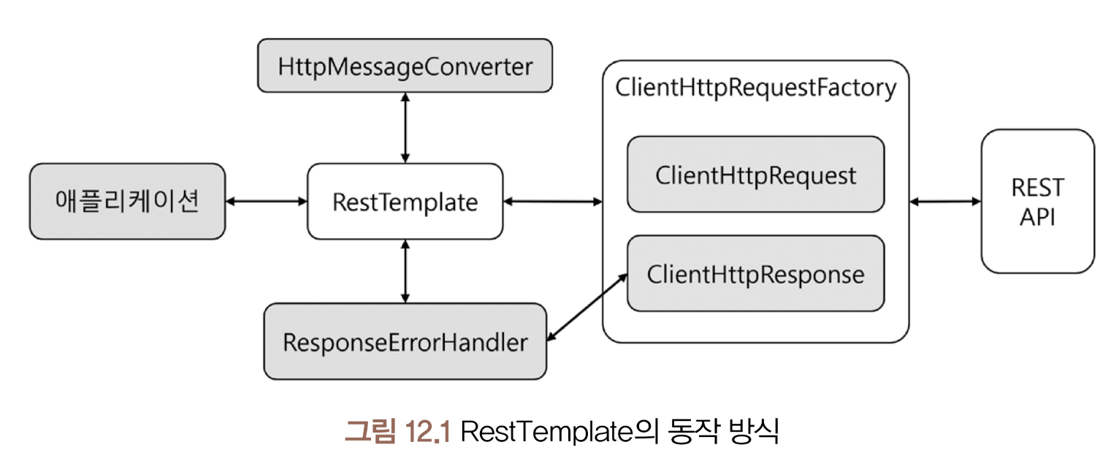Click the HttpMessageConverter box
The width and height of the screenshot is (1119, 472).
coord(405,66)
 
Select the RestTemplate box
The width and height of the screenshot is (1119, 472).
coord(405,202)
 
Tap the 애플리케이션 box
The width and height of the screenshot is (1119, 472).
coord(127,202)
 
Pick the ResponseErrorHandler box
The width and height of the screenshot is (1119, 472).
coord(405,342)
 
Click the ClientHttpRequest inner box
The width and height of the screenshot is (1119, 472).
coord(755,175)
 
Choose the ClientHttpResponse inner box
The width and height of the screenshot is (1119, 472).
coord(755,275)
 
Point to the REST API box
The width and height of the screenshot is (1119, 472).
coord(1037,202)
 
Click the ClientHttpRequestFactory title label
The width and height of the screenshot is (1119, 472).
coord(755,88)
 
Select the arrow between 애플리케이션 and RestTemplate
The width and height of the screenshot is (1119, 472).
coord(266,201)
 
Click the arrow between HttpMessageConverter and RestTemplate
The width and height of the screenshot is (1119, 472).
coord(405,128)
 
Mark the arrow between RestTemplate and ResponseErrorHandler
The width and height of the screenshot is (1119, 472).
coord(405,271)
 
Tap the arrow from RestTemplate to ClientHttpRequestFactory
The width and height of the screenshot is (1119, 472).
coord(552,201)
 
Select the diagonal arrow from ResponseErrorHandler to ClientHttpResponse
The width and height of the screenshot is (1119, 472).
coord(587,307)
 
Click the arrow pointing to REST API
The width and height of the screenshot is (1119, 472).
coord(945,201)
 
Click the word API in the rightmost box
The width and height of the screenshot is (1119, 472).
coord(1037,217)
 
